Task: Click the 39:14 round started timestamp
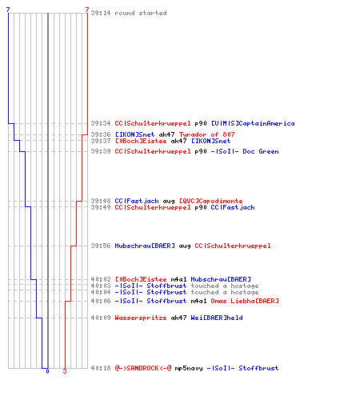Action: click(101, 13)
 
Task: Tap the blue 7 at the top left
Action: click(8, 10)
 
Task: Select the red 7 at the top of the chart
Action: click(87, 10)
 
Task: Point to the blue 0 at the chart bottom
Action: click(47, 371)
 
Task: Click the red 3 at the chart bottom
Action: click(65, 371)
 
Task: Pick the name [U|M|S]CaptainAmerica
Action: click(253, 123)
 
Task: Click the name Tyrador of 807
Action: click(206, 134)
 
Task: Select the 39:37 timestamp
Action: click(101, 141)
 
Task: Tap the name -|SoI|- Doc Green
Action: click(245, 151)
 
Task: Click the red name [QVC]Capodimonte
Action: click(210, 201)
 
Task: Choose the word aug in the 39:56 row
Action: click(185, 246)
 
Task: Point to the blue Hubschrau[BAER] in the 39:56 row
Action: click(145, 246)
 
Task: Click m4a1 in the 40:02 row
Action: click(178, 279)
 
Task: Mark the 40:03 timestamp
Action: click(101, 286)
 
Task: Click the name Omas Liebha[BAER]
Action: click(245, 301)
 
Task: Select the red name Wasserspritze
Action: click(141, 318)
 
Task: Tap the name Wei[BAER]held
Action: click(217, 318)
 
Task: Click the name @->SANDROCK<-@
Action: click(143, 368)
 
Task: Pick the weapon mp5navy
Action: click(189, 369)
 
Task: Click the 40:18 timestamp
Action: click(101, 368)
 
